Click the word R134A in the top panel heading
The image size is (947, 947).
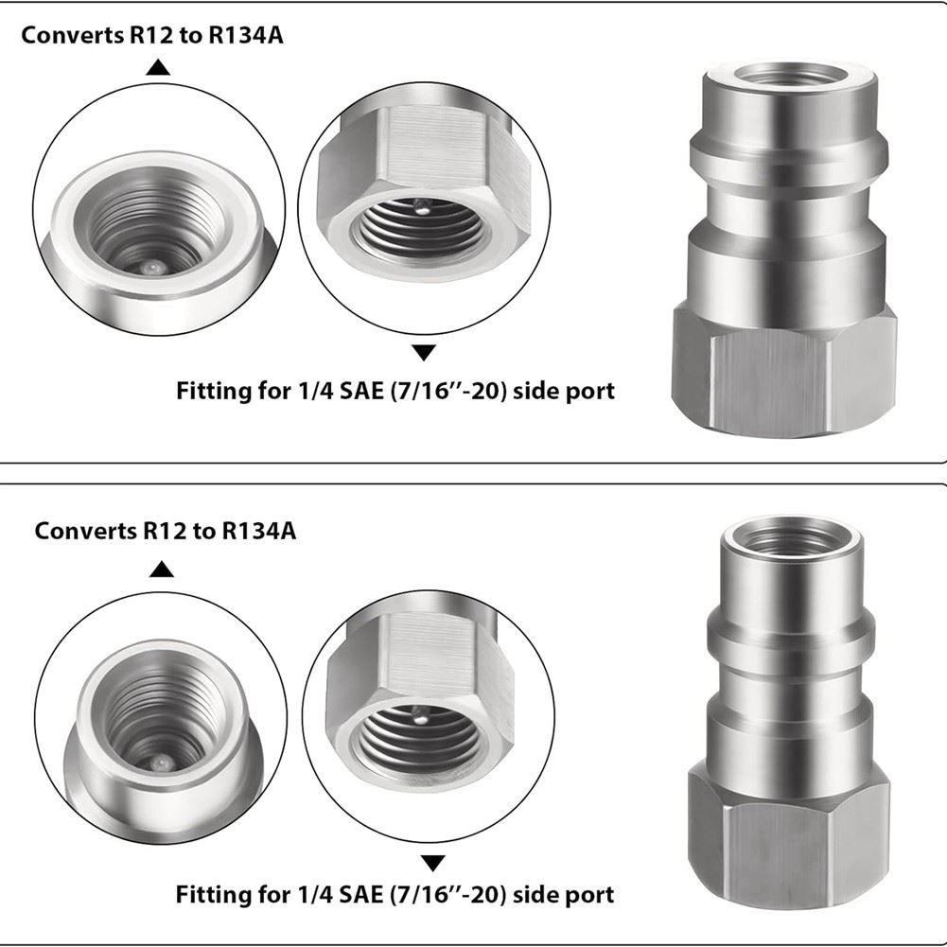point(246,36)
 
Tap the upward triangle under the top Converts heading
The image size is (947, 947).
point(158,67)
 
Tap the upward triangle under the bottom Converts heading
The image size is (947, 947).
point(161,569)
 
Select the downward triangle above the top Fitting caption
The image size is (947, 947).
point(424,353)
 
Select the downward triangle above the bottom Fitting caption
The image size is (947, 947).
point(433,863)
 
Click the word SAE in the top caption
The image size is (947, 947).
point(361,391)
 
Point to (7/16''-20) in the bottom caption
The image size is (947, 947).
point(447,894)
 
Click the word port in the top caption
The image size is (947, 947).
point(589,392)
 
